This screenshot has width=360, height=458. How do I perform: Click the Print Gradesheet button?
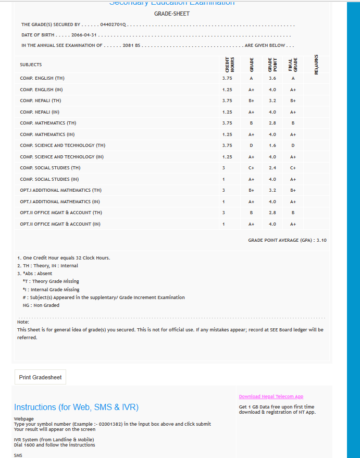click(40, 377)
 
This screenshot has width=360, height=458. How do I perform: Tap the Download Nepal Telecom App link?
click(271, 397)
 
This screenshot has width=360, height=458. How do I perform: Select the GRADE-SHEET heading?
click(172, 14)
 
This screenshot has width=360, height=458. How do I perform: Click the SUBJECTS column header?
click(31, 65)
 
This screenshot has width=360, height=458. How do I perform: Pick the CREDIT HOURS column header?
click(227, 64)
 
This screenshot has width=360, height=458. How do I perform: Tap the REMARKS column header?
click(317, 64)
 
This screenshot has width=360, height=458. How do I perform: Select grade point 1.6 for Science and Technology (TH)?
click(272, 145)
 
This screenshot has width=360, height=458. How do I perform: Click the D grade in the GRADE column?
click(251, 145)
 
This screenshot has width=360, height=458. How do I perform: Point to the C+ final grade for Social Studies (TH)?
click(293, 168)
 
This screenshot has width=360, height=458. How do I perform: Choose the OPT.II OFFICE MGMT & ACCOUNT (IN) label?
click(60, 224)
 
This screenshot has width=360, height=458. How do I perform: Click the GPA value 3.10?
click(321, 240)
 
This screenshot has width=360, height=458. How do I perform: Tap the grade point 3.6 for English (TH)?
click(272, 78)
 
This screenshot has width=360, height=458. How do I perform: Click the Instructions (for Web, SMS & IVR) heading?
click(76, 407)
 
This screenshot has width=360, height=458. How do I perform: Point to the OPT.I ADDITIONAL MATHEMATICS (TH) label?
click(61, 190)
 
